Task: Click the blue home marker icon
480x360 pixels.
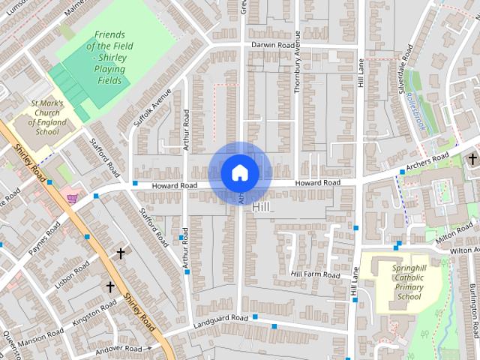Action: coord(240,172)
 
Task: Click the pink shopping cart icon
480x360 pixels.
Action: coord(72,198)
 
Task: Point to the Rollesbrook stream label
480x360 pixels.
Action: coord(414,109)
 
